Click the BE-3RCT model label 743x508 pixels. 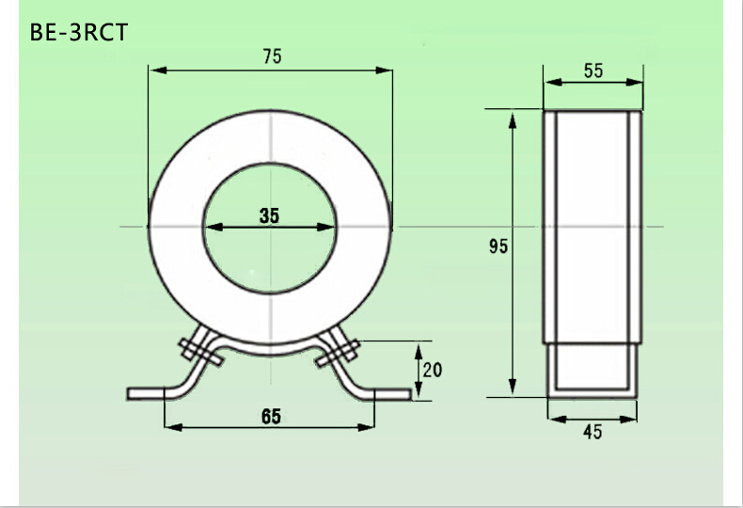(x=79, y=33)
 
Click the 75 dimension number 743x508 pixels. (x=272, y=56)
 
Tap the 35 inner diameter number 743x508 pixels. (x=269, y=215)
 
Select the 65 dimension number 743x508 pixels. (x=271, y=417)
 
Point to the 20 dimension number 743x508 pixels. (x=432, y=370)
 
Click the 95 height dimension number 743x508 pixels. (x=498, y=246)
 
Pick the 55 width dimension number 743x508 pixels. (x=593, y=71)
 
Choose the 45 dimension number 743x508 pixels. (x=593, y=432)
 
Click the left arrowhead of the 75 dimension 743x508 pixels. (x=158, y=71)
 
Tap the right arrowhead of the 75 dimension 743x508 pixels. (x=384, y=71)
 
